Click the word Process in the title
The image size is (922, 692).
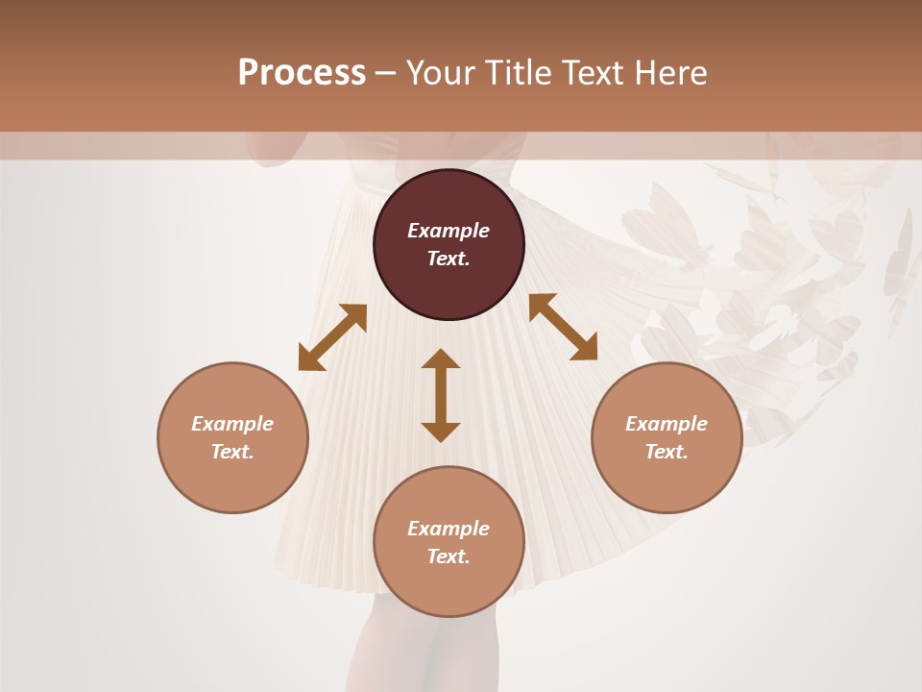click(x=302, y=73)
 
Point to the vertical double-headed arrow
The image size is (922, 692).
click(x=441, y=395)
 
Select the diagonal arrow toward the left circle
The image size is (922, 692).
click(x=332, y=337)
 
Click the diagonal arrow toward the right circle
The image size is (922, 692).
click(x=563, y=328)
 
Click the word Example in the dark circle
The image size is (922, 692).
click(x=449, y=231)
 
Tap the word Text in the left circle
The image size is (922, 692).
click(x=232, y=452)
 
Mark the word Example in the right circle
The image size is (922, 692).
click(x=667, y=424)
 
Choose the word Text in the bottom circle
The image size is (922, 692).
click(x=449, y=556)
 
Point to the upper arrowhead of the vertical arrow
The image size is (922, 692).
click(x=441, y=358)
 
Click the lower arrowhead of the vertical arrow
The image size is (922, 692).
click(x=441, y=432)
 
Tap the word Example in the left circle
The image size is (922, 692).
click(x=232, y=424)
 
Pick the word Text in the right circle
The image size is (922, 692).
click(x=667, y=452)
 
